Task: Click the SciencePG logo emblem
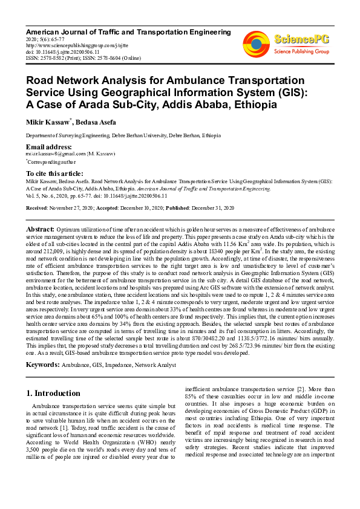[x=256, y=42]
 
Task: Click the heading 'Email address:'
[x=49, y=147]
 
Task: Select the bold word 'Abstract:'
[x=40, y=230]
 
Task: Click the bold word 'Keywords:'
[x=43, y=365]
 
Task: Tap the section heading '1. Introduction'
[x=53, y=393]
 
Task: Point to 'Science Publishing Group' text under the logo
[x=301, y=52]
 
